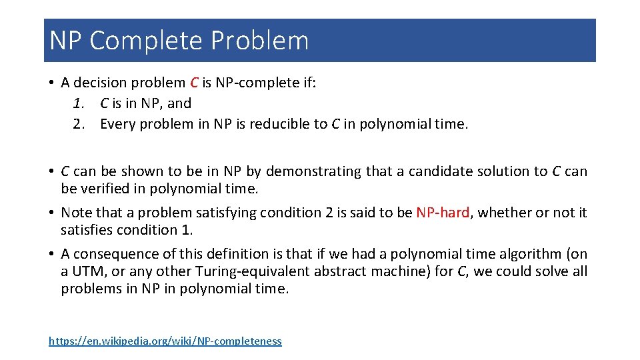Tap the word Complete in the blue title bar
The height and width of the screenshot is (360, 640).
(147, 41)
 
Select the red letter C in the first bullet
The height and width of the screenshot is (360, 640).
(194, 83)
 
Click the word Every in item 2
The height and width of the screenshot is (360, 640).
(117, 124)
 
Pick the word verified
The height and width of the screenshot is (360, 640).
(105, 189)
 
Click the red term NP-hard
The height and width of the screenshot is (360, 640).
(443, 213)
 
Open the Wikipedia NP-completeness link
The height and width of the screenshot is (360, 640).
(165, 341)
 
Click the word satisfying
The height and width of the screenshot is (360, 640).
(227, 213)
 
